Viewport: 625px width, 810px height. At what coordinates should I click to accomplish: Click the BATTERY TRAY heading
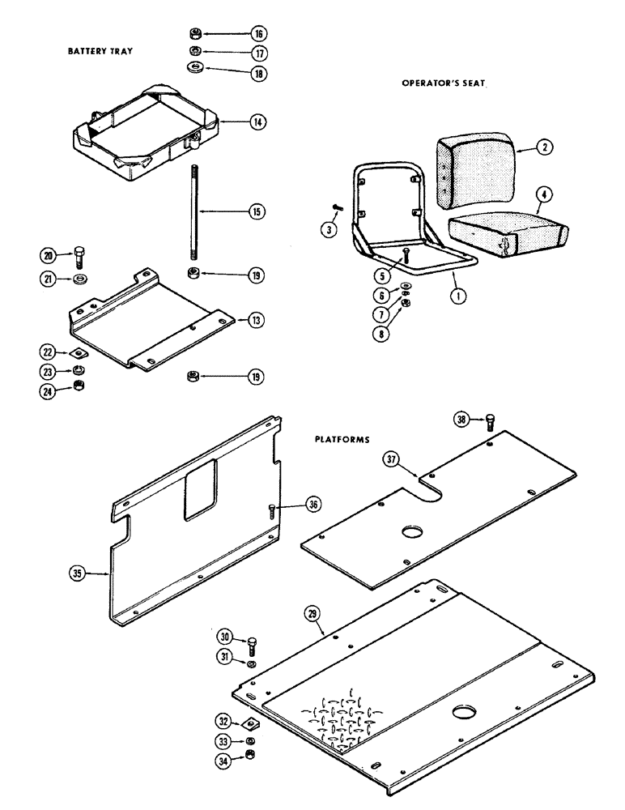click(x=100, y=50)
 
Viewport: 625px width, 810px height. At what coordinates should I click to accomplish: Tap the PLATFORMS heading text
click(x=342, y=441)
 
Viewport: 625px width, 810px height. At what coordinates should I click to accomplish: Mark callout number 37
click(x=393, y=461)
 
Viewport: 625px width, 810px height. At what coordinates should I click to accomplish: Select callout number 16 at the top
click(x=258, y=34)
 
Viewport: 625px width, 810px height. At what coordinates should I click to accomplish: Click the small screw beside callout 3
click(x=337, y=208)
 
